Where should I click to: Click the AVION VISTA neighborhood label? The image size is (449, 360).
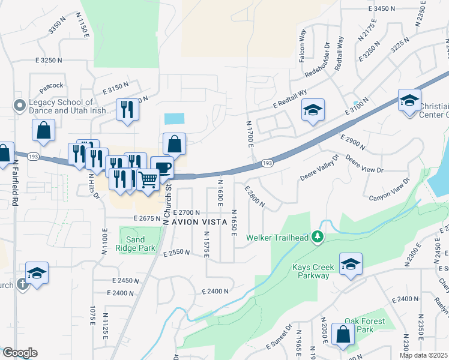point(197,222)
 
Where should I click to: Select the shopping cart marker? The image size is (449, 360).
point(148,178)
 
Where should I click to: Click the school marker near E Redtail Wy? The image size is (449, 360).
point(313,110)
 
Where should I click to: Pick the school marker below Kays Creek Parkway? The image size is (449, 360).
point(351,263)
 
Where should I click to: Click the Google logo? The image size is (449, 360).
point(20,353)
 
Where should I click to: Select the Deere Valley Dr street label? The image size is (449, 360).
point(319,169)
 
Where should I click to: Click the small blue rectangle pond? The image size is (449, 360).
point(175,119)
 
